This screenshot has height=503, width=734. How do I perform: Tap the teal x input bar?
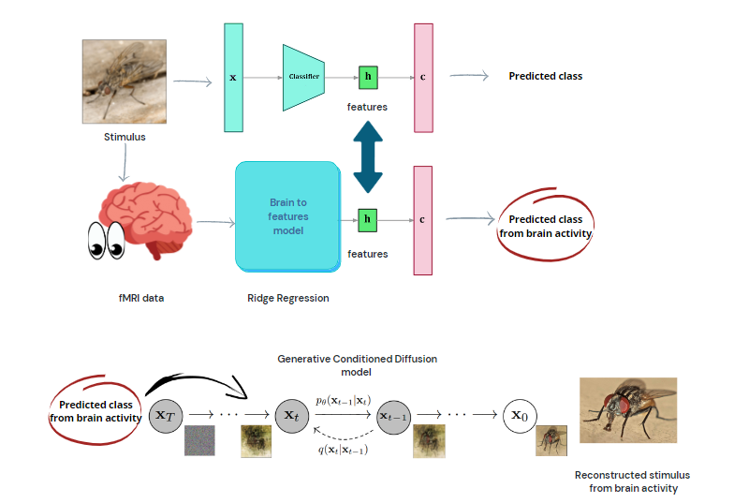point(233,76)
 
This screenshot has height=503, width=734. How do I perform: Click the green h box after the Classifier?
point(367,76)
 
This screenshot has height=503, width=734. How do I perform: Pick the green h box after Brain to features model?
point(367,220)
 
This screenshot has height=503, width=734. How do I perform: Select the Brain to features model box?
point(287,216)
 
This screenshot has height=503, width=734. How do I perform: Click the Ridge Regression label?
point(287,299)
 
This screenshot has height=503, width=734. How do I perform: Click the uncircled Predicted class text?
point(545,76)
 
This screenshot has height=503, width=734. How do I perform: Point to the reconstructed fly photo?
point(627,410)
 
